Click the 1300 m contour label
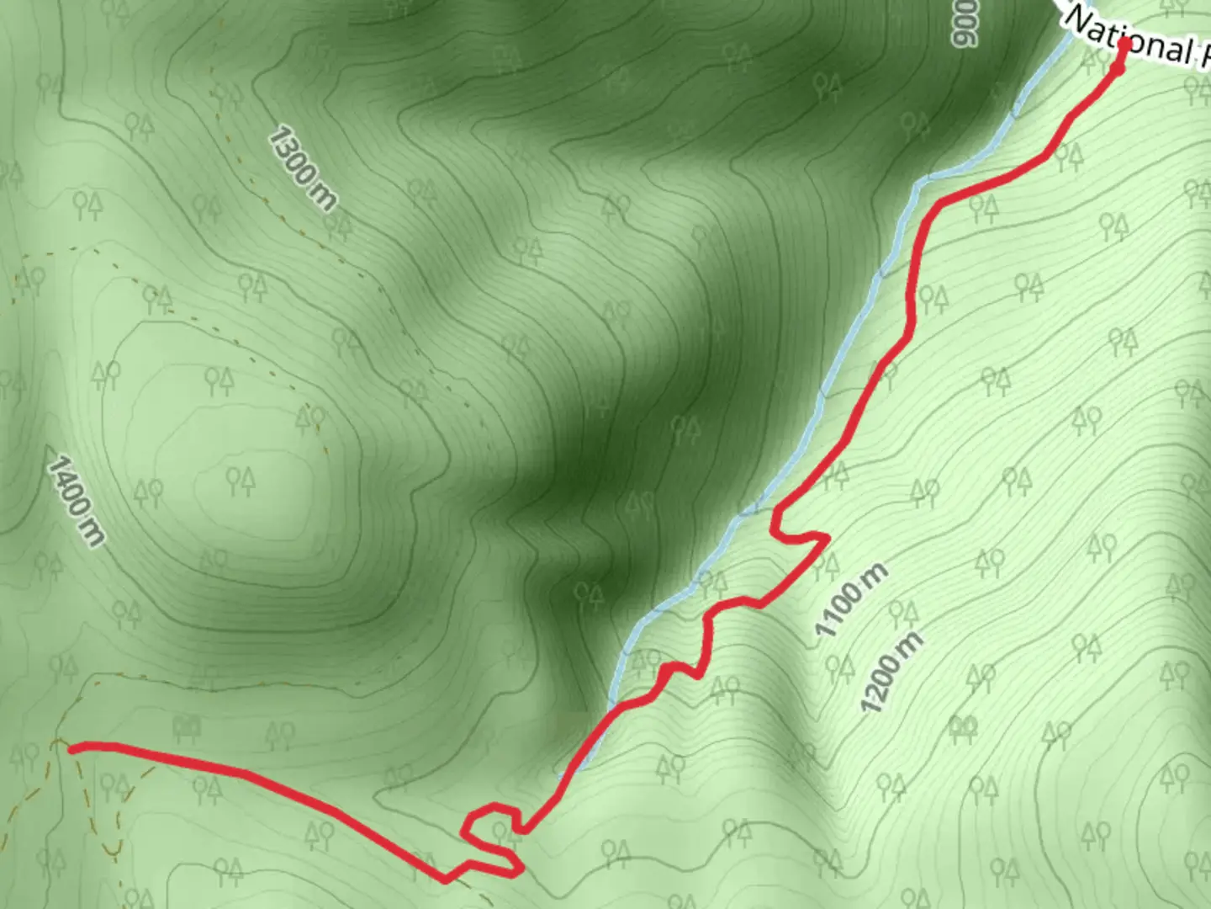pyautogui.click(x=303, y=168)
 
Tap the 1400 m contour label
pyautogui.click(x=76, y=501)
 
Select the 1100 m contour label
pyautogui.click(x=851, y=599)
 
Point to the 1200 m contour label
pyautogui.click(x=892, y=671)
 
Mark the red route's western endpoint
pyautogui.click(x=72, y=747)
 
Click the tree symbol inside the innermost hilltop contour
pyautogui.click(x=240, y=481)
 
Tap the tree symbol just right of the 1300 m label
pyautogui.click(x=338, y=226)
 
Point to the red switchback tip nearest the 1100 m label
pyautogui.click(x=826, y=538)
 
